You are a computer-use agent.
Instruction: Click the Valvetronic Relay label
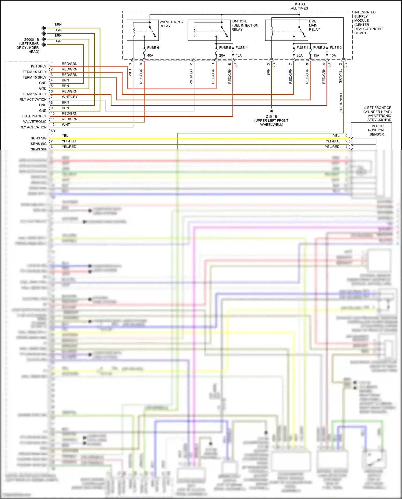point(171,24)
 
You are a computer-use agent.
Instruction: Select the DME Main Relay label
point(314,25)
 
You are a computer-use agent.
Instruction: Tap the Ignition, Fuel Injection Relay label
point(245,25)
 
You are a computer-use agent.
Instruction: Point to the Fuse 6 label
point(153,48)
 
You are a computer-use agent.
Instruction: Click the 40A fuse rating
point(150,56)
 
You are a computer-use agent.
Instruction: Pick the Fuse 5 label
point(225,48)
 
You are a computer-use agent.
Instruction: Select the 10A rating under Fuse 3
point(333,56)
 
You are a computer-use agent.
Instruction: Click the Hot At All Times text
point(299,6)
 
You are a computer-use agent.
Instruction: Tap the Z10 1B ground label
point(271,117)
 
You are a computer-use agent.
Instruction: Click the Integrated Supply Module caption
point(368,23)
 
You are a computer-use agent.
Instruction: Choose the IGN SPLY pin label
point(39,66)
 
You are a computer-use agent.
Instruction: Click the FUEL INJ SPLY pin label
point(34,116)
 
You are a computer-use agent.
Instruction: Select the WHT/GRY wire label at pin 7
point(70,97)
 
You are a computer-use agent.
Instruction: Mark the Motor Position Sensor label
point(377,130)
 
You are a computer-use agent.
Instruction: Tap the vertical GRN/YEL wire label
point(340,76)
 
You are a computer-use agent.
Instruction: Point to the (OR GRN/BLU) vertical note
point(341,102)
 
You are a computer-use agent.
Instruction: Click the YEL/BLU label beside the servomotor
point(332,141)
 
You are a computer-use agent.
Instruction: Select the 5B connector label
point(53,131)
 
